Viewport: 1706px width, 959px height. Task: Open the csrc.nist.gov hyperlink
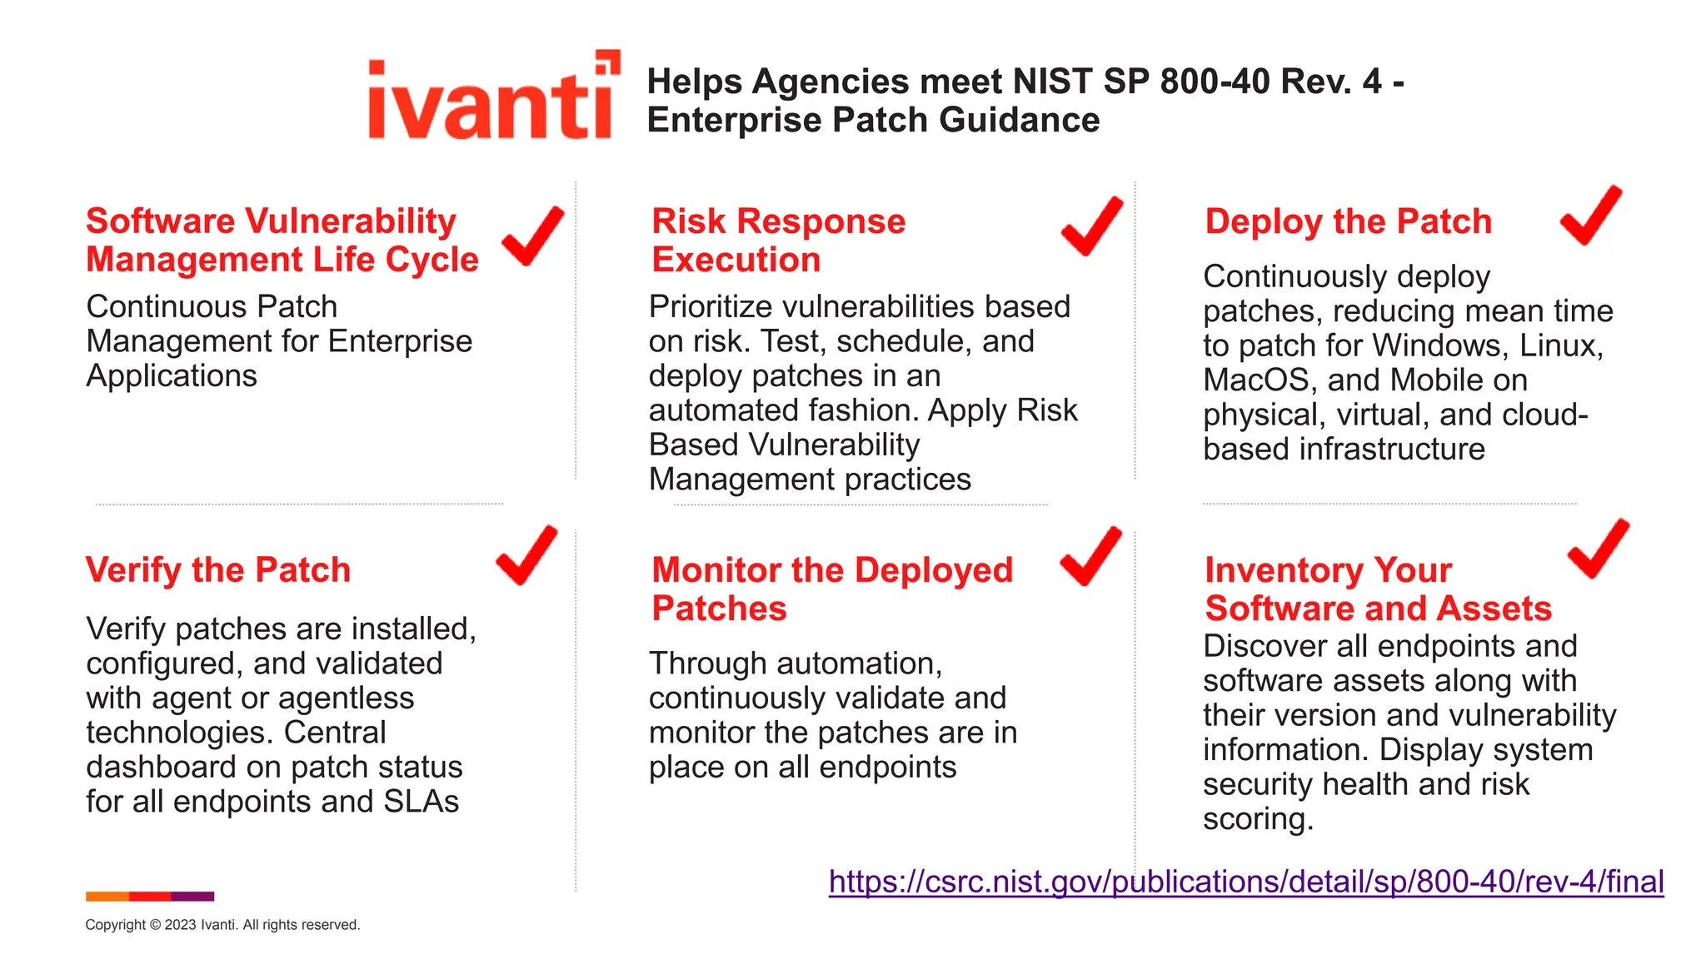[x=1245, y=882]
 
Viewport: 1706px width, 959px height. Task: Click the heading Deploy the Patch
[x=1348, y=221]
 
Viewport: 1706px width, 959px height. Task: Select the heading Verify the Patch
[x=218, y=570]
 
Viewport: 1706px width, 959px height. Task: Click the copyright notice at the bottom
[x=222, y=925]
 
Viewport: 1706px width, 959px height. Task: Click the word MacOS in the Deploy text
[x=1260, y=380]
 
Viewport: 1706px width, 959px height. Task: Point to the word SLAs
[x=421, y=802]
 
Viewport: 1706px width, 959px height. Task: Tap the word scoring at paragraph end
[x=1257, y=820]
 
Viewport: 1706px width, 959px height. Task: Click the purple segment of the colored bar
[x=192, y=897]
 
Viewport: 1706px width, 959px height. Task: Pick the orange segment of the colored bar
[x=107, y=897]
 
